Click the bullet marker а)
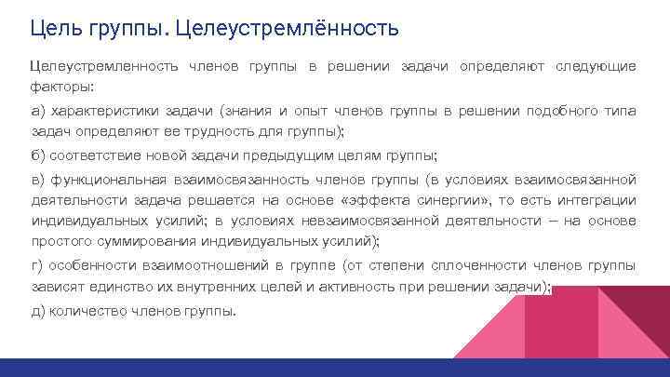pyautogui.click(x=38, y=111)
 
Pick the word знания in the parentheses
pyautogui.click(x=252, y=111)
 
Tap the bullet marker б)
pyautogui.click(x=38, y=155)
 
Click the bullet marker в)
pyautogui.click(x=38, y=179)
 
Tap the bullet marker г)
pyautogui.click(x=37, y=265)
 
